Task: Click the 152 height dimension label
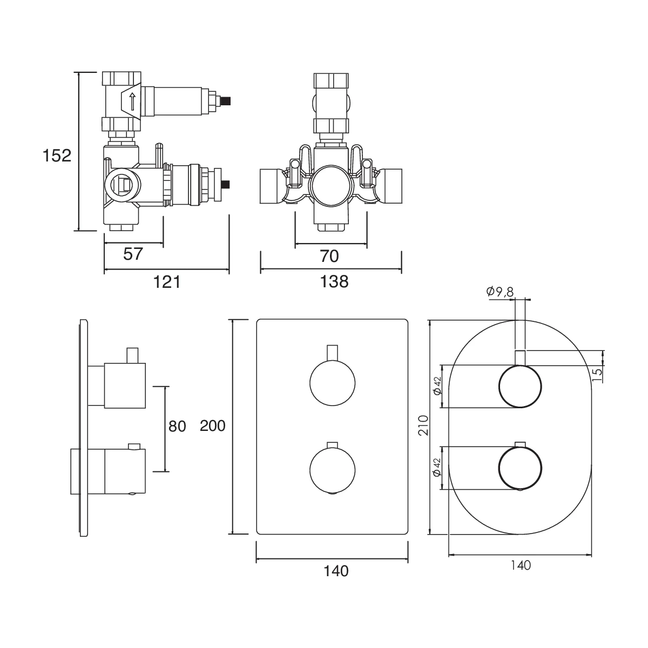[57, 156]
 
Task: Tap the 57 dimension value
[133, 253]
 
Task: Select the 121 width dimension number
[167, 281]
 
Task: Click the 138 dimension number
[335, 281]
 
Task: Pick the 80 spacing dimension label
[177, 427]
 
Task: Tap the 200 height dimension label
[212, 426]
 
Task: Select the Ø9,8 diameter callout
[500, 292]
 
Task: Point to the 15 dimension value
[597, 374]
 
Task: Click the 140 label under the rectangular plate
[336, 570]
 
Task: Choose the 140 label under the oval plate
[520, 565]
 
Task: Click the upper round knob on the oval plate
[519, 387]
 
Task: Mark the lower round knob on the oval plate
[519, 468]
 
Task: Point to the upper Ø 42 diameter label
[438, 386]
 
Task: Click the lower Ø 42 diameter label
[438, 467]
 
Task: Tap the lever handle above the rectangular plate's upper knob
[333, 352]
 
